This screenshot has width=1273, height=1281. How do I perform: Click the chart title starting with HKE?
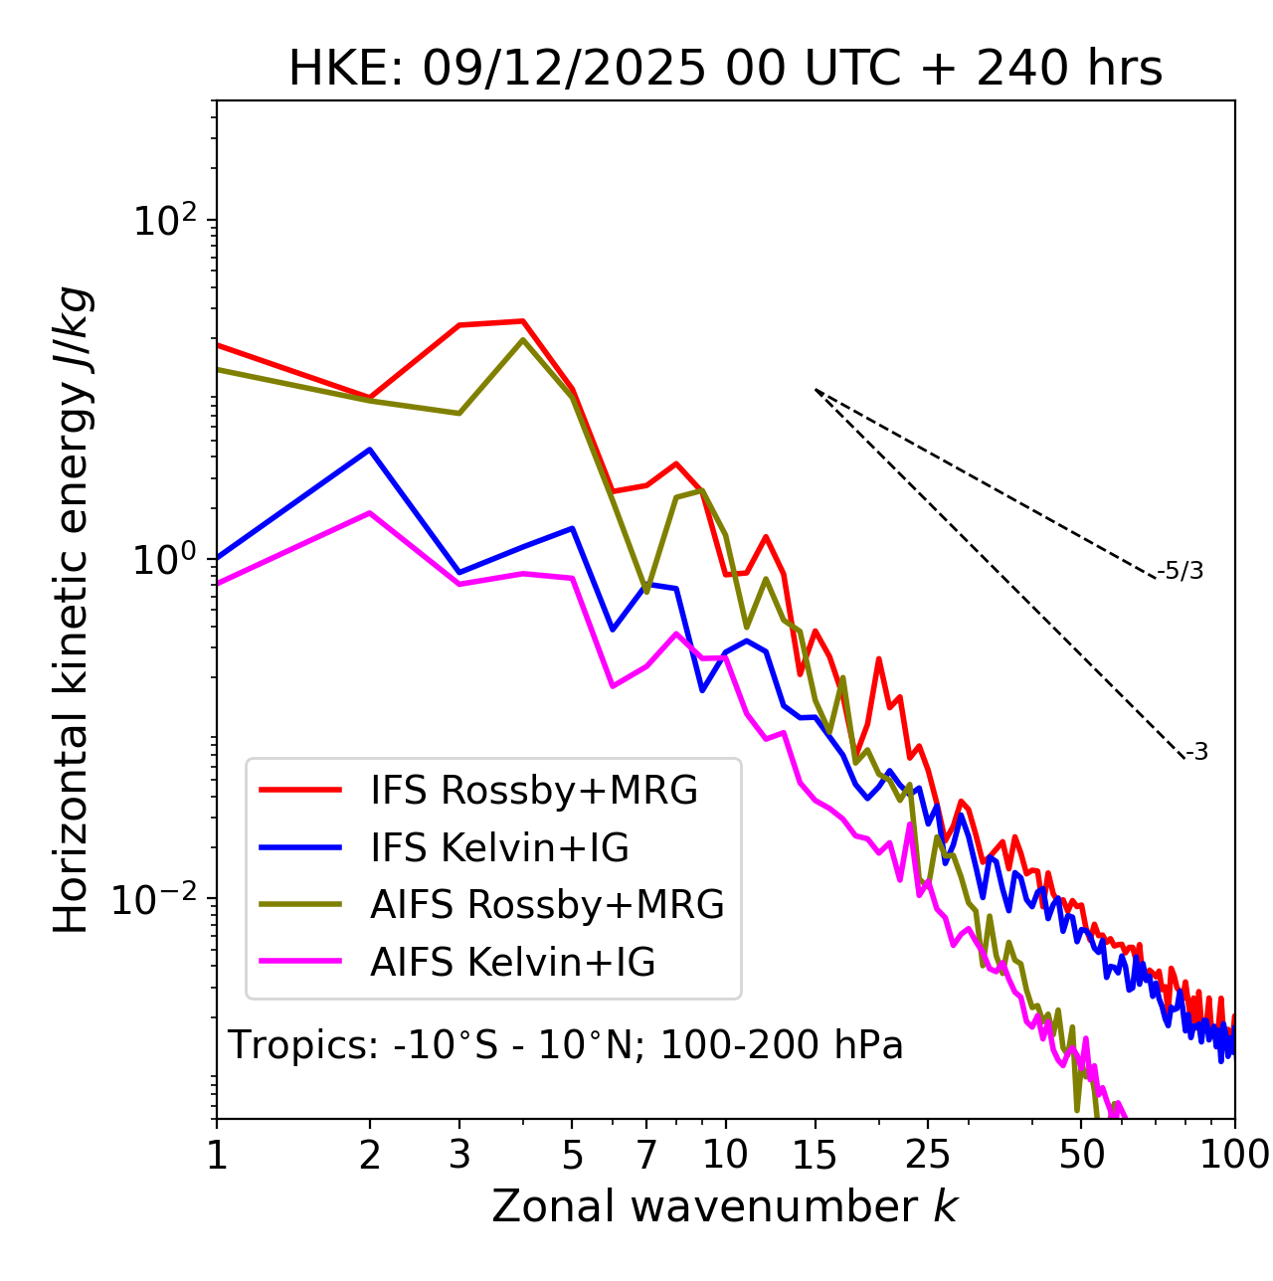coord(725,70)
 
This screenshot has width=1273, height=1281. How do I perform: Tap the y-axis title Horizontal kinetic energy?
coord(73,610)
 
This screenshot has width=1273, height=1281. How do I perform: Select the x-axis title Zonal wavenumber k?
coord(725,1206)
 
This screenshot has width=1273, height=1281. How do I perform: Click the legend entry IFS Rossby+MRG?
coord(534,791)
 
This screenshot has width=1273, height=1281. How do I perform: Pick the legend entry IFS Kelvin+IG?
coord(499,848)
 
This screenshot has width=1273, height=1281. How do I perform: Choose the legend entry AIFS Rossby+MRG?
coord(547,905)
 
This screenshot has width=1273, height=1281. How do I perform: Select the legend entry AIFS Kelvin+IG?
coord(512,963)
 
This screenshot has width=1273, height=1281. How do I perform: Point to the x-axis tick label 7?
coord(646,1155)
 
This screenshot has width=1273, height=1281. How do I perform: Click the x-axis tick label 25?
coord(927,1155)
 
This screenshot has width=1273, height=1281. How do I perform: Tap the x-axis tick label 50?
coord(1081,1155)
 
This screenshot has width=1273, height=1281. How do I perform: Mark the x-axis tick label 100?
coord(1234,1155)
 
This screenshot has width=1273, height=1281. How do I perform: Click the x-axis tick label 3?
coord(458,1155)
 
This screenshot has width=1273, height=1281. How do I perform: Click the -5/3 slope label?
coord(1181,572)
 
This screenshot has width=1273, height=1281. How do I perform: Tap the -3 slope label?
coord(1197,753)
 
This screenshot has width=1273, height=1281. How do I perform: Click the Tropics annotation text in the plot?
coord(565,1046)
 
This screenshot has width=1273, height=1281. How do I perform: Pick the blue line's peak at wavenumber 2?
coord(370,450)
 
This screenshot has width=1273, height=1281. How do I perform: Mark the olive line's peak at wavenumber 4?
coord(523,340)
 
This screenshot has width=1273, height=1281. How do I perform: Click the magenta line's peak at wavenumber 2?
coord(370,513)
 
